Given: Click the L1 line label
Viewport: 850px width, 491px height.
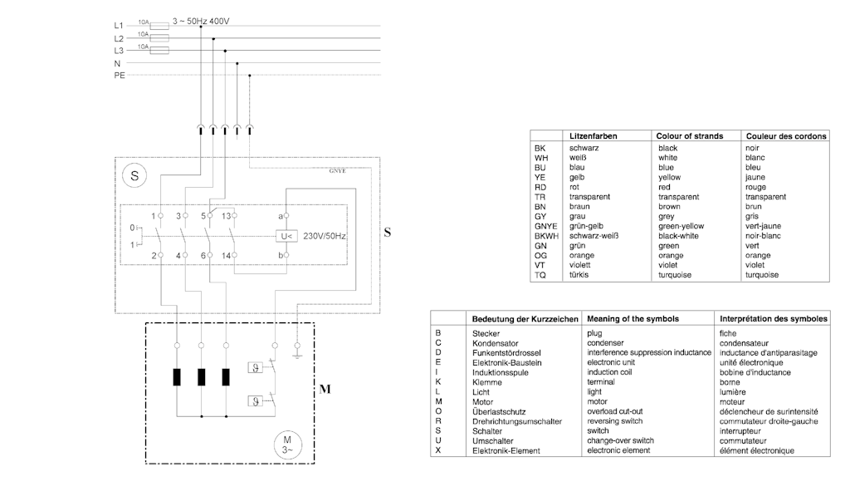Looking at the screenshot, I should click(119, 26).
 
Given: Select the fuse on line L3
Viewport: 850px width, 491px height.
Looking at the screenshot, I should click(158, 51).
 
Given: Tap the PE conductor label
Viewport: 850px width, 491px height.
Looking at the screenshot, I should click(120, 76).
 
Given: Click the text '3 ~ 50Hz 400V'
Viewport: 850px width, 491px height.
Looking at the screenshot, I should click(201, 20).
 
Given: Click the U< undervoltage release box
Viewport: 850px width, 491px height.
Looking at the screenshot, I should click(286, 235).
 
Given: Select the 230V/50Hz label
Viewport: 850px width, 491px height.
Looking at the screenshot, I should click(325, 236).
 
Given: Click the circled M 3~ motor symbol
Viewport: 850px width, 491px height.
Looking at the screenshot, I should click(288, 444).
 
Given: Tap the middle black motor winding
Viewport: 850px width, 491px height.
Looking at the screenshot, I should click(201, 376).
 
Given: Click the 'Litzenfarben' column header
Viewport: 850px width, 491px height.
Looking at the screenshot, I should click(593, 135).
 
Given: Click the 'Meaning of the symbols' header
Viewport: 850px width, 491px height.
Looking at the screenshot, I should click(633, 318).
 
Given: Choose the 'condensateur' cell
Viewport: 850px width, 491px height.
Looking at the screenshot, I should click(750, 343).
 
